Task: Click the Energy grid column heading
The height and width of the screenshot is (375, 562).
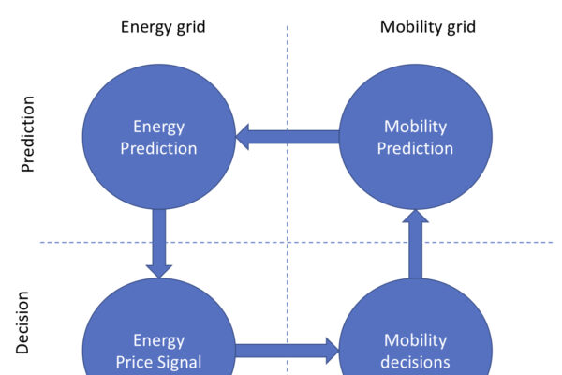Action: coord(162,26)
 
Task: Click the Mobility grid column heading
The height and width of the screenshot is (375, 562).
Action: coord(427,26)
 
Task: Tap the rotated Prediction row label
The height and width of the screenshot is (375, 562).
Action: coord(28,133)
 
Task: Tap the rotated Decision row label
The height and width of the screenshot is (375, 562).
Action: coord(23,322)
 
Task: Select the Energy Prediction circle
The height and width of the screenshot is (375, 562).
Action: coord(159,138)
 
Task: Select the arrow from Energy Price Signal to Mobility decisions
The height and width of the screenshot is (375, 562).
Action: coord(286,352)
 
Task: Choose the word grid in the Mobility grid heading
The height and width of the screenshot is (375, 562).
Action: coord(460,26)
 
